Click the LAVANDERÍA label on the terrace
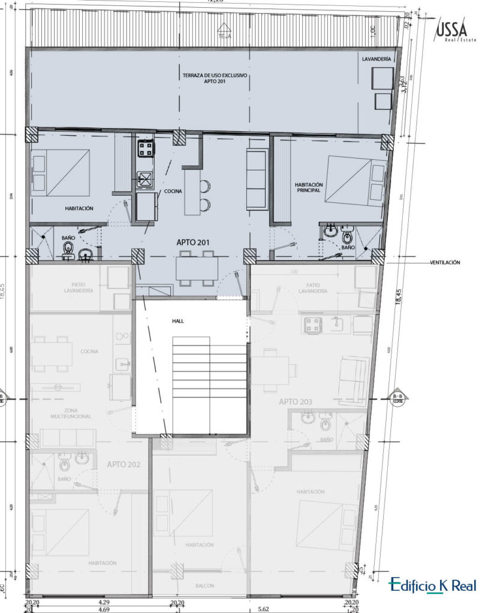pyautogui.click(x=376, y=60)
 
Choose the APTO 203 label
pyautogui.click(x=296, y=401)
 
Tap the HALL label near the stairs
pyautogui.click(x=177, y=321)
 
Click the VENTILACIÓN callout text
pyautogui.click(x=445, y=262)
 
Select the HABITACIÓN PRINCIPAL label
pyautogui.click(x=309, y=187)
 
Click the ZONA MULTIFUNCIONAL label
pyautogui.click(x=70, y=412)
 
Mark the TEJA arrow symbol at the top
pyautogui.click(x=224, y=28)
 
